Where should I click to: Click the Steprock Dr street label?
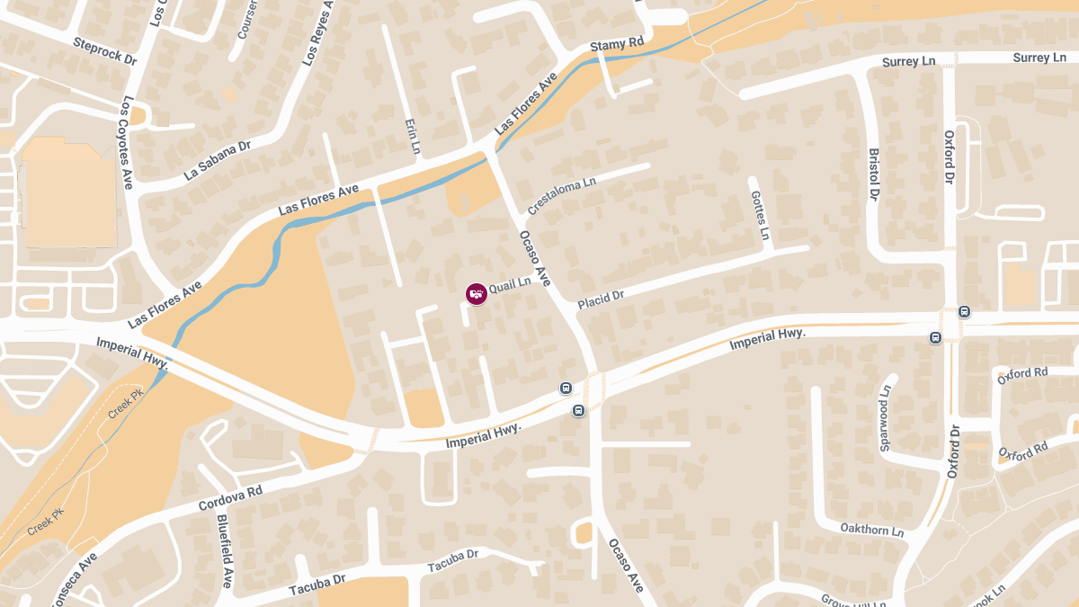[105, 51]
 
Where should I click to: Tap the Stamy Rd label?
[618, 43]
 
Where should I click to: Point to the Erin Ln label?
[413, 135]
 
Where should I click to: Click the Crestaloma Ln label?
[562, 195]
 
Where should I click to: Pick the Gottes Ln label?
[760, 215]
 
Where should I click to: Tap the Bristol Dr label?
[872, 174]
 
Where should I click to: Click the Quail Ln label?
[510, 282]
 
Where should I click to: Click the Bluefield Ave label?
[225, 550]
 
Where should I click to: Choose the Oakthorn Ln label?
[871, 530]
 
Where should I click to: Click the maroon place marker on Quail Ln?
[477, 293]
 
